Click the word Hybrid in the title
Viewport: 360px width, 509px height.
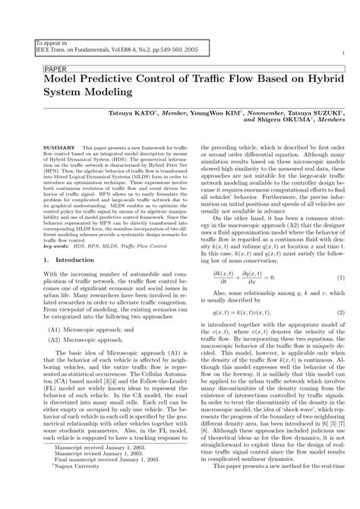pyautogui.click(x=321, y=77)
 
